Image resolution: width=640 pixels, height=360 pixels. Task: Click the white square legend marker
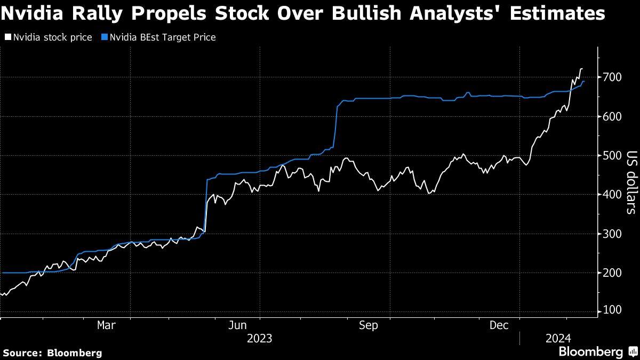tap(7, 38)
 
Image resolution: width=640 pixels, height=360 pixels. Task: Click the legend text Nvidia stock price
tap(52, 38)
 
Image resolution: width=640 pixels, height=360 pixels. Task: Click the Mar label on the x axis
tap(107, 325)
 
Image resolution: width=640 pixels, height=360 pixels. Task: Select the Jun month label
tap(238, 325)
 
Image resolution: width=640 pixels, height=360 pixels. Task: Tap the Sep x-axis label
tap(369, 325)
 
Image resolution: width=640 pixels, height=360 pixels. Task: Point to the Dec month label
tap(499, 325)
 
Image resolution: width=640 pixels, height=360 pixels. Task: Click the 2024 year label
tap(558, 339)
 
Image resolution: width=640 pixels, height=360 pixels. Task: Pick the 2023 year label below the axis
tap(260, 339)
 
